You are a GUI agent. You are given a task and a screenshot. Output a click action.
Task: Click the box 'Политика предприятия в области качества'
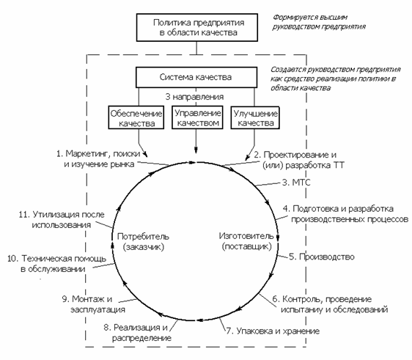pos(196,27)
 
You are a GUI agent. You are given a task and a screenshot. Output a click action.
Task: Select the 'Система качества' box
pos(196,77)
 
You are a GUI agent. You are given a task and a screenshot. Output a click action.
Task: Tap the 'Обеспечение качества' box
pos(136,117)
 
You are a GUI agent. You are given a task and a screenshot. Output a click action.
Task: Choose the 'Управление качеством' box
pos(197,117)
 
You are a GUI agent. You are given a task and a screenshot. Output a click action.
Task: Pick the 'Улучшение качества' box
pos(255,117)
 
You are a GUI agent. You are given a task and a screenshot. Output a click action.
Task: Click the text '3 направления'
pos(194,97)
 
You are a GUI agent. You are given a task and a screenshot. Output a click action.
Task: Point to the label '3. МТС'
pos(296,182)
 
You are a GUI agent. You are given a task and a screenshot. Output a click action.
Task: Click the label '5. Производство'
pos(322,257)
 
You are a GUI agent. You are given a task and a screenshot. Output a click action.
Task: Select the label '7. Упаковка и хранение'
pos(273,331)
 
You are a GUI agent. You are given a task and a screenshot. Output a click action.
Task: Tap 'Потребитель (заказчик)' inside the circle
pos(143,241)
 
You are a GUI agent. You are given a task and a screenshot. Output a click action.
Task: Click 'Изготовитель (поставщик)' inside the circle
pos(246,241)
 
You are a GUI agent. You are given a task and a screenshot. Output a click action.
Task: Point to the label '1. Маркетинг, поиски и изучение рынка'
pos(98,158)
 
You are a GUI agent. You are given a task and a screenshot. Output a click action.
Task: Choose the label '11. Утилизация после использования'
pos(62,220)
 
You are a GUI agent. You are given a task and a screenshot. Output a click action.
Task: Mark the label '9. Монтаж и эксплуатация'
pos(93,304)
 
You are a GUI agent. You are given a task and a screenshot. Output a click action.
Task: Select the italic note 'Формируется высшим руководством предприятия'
pos(319,22)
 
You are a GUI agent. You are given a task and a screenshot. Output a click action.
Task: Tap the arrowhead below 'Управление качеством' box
pos(196,150)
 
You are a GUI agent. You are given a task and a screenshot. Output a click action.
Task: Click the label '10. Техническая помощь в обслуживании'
pos(56,263)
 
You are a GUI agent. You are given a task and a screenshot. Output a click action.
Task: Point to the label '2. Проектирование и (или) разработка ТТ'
pos(299,160)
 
